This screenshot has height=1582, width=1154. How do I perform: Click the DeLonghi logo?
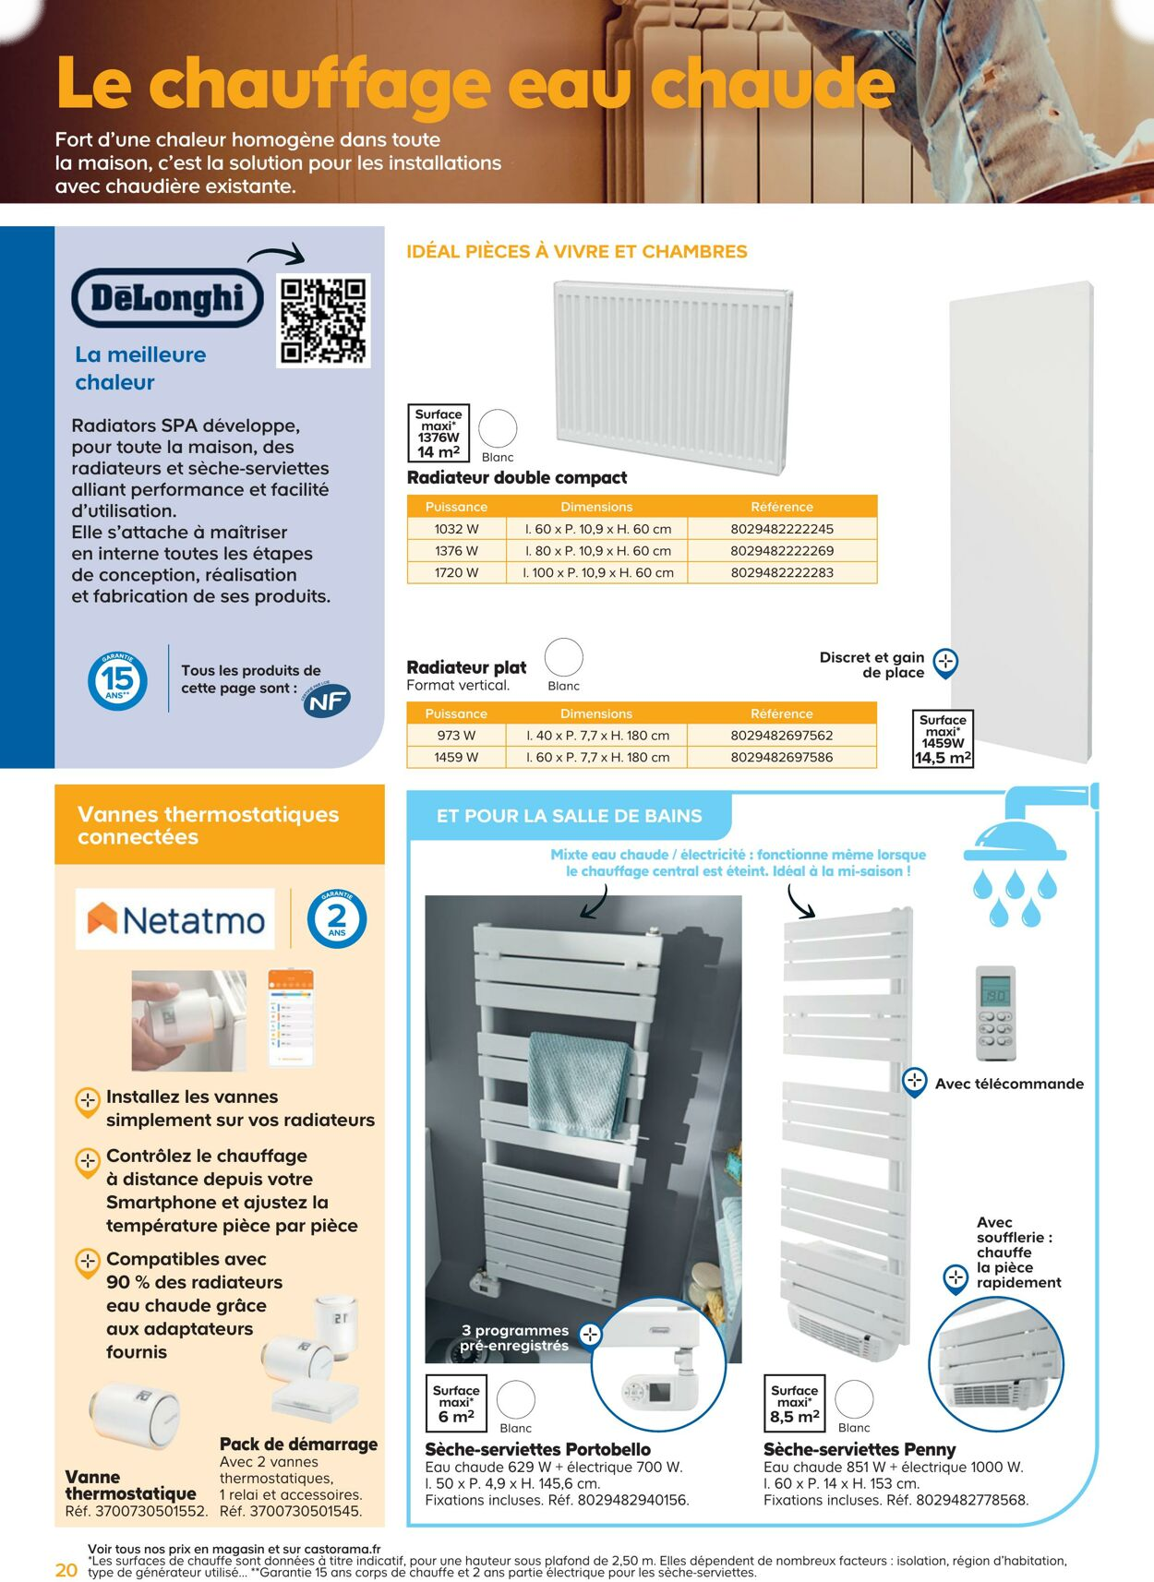(167, 298)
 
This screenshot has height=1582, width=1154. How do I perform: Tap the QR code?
(323, 320)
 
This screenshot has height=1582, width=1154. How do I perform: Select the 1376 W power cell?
(456, 551)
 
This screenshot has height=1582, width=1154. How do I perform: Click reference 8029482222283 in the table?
(782, 572)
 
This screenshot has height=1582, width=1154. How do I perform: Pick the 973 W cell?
(456, 736)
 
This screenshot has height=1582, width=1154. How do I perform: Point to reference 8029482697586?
(782, 757)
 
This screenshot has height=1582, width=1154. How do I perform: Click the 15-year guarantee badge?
(117, 681)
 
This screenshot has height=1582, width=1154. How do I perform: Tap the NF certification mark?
(327, 701)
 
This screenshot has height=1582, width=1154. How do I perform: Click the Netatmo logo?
(175, 919)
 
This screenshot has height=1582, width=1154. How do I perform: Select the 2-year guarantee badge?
(337, 919)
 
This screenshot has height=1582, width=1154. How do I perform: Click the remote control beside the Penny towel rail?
(995, 1013)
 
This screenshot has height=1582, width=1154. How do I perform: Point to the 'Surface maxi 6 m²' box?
(456, 1403)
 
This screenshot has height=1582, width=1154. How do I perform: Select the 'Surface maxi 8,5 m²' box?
(794, 1403)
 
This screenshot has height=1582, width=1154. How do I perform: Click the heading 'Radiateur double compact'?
(517, 477)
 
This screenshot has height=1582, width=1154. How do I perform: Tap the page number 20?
(66, 1570)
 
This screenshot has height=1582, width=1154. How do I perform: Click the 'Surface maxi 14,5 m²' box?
(943, 738)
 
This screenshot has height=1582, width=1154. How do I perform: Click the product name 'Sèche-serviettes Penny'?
(859, 1449)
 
